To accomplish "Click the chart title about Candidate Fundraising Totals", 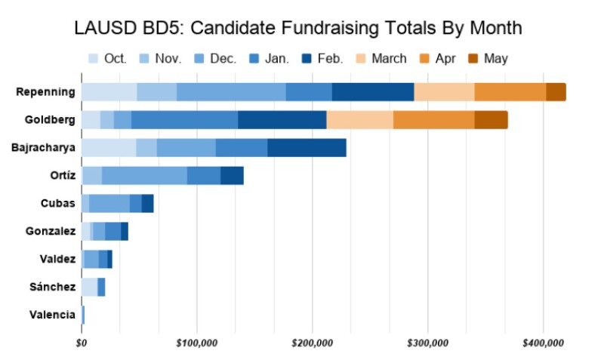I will pyautogui.click(x=298, y=29).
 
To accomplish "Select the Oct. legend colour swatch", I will pyautogui.click(x=94, y=58).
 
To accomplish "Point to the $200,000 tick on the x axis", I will pyautogui.click(x=313, y=343).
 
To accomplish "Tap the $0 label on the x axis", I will pyautogui.click(x=82, y=343).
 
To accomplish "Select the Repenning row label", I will pyautogui.click(x=45, y=92).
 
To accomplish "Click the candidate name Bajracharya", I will pyautogui.click(x=44, y=148).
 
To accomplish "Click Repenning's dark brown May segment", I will pyautogui.click(x=556, y=92).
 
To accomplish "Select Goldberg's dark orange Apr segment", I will pyautogui.click(x=433, y=120).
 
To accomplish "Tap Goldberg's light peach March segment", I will pyautogui.click(x=359, y=120).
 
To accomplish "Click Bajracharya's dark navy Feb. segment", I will pyautogui.click(x=307, y=148).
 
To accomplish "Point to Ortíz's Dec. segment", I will pyautogui.click(x=144, y=176).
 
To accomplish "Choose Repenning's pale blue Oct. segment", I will pyautogui.click(x=109, y=92).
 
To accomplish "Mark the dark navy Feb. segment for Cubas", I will pyautogui.click(x=147, y=204).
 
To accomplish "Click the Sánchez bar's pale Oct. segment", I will pyautogui.click(x=89, y=287).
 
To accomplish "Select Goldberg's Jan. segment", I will pyautogui.click(x=184, y=120).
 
